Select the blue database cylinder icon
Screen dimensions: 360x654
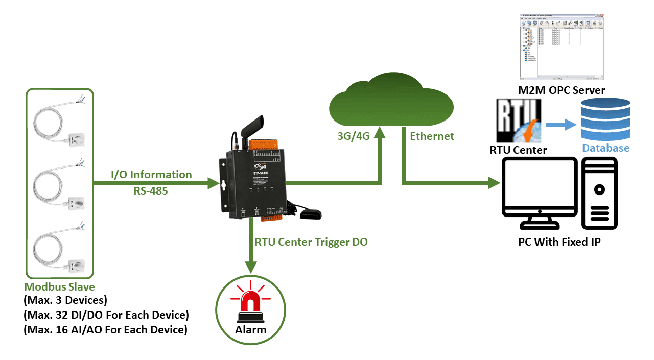pyautogui.click(x=605, y=121)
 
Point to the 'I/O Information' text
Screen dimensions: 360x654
pyautogui.click(x=151, y=175)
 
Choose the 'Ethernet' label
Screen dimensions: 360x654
pyautogui.click(x=432, y=136)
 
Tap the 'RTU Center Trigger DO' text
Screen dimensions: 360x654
pyautogui.click(x=311, y=242)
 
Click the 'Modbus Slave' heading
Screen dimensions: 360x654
pyautogui.click(x=59, y=287)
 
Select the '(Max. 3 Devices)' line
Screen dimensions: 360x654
pyautogui.click(x=65, y=300)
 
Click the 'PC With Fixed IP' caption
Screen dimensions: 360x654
pyautogui.click(x=559, y=242)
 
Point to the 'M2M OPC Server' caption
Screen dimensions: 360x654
pyautogui.click(x=561, y=90)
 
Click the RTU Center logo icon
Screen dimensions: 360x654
pyautogui.click(x=519, y=121)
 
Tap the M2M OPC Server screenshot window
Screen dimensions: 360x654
pyautogui.click(x=562, y=47)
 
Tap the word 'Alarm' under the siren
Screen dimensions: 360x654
pyautogui.click(x=250, y=329)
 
